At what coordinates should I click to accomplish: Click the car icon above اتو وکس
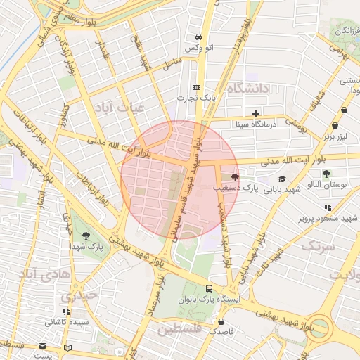pos(199,37)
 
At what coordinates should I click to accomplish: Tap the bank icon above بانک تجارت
pos(196,87)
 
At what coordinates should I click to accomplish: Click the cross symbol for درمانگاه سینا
pos(255,112)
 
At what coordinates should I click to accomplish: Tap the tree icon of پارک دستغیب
pos(235,177)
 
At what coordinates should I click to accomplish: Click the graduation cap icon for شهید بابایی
pos(282,179)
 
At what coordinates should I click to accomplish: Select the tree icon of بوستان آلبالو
pos(326,173)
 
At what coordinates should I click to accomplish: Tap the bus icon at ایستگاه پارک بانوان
pos(209,288)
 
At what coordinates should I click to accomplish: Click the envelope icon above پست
pos(42,346)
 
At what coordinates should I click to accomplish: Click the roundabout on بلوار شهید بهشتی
pos(321,326)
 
